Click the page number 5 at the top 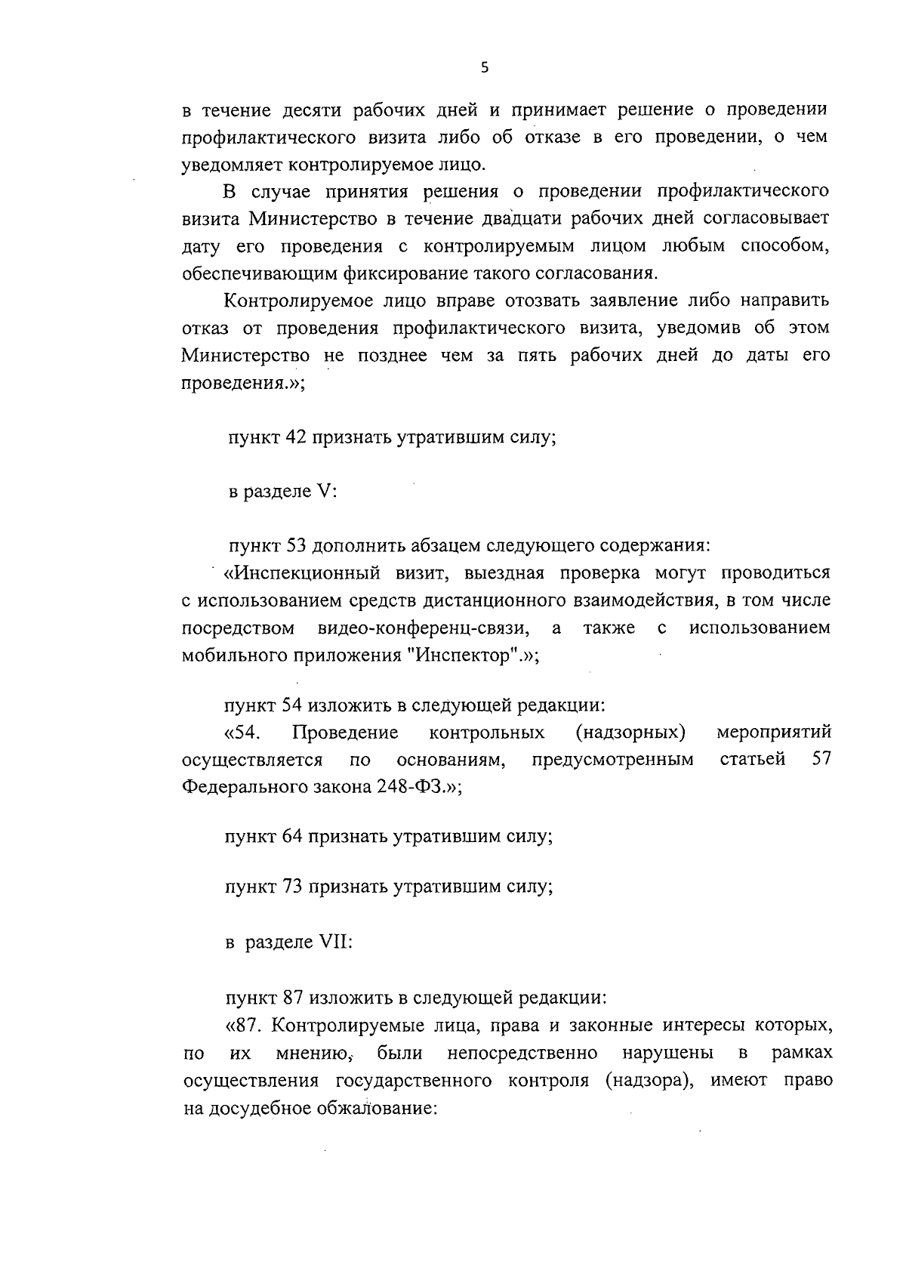(484, 68)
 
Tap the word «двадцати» (535, 219)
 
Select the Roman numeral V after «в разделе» (325, 492)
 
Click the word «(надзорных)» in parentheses (630, 732)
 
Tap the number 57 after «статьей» (821, 759)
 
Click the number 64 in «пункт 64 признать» (292, 837)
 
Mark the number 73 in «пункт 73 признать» (292, 887)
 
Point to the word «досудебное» (264, 1109)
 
